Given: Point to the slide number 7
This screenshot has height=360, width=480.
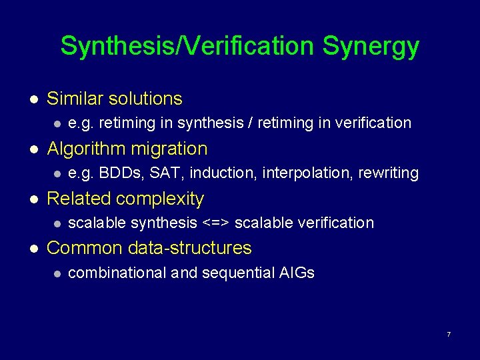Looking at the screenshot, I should pyautogui.click(x=449, y=333).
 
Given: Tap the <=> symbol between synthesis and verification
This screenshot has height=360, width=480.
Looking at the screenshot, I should pyautogui.click(x=215, y=223).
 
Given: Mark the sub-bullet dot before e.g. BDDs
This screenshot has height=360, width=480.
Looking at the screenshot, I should pyautogui.click(x=57, y=173).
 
